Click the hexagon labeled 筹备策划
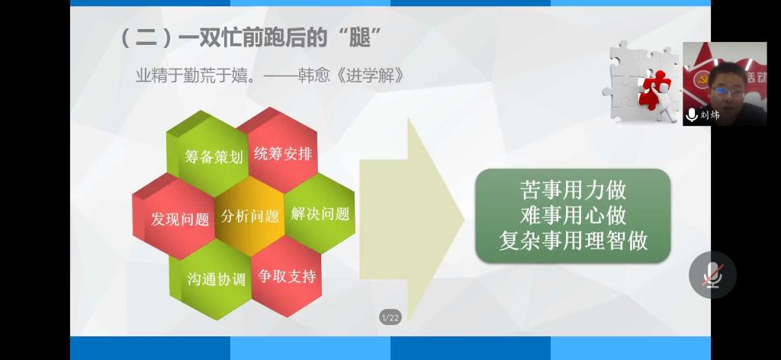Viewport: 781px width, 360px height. click(208, 153)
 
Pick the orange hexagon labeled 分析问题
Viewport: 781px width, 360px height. click(249, 216)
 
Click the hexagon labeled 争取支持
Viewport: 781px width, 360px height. click(286, 276)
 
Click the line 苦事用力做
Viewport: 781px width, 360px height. click(573, 190)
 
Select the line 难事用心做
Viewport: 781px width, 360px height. click(573, 216)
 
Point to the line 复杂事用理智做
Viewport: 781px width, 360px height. click(574, 241)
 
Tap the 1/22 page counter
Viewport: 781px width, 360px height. click(390, 318)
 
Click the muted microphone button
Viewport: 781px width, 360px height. click(712, 275)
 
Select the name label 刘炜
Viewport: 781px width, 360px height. click(710, 115)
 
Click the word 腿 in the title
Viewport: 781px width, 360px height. click(360, 37)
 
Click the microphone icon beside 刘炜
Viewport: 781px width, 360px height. click(691, 115)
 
